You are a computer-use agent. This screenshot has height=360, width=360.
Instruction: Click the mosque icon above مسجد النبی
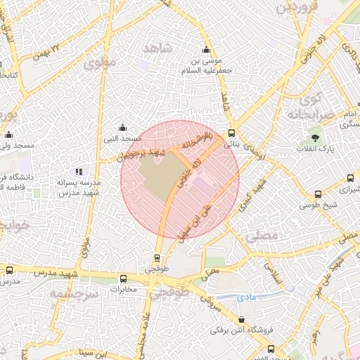[x=123, y=127]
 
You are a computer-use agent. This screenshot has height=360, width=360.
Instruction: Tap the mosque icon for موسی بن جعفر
[x=206, y=50]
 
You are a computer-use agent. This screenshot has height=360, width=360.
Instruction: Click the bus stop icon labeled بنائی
[x=232, y=131]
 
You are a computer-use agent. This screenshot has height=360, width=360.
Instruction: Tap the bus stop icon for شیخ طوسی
[x=319, y=194]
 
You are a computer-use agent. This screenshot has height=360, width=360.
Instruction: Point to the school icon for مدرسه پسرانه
[x=79, y=172]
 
